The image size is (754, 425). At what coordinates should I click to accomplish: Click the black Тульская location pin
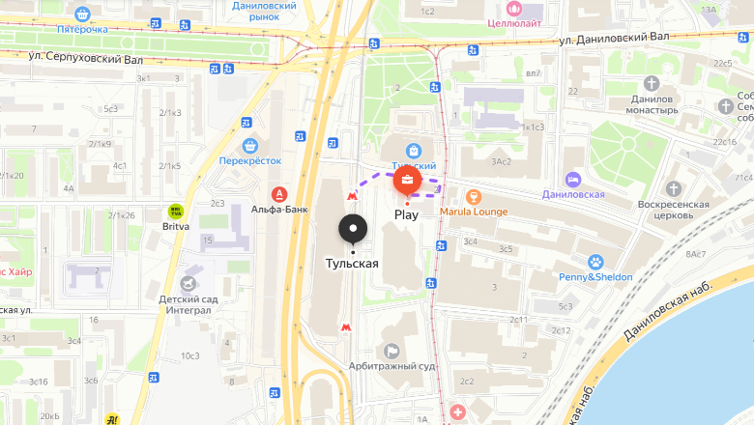pyautogui.click(x=354, y=230)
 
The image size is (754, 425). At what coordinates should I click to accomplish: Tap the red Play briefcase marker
pyautogui.click(x=407, y=181)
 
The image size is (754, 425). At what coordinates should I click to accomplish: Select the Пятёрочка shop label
pyautogui.click(x=81, y=29)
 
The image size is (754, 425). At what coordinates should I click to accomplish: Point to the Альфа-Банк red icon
pyautogui.click(x=278, y=192)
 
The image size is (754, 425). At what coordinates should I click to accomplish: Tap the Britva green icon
pyautogui.click(x=175, y=210)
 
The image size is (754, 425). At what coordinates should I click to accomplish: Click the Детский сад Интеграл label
pyautogui.click(x=185, y=304)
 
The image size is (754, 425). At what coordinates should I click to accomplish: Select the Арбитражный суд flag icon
pyautogui.click(x=391, y=351)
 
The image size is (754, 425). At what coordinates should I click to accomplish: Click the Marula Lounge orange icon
pyautogui.click(x=474, y=196)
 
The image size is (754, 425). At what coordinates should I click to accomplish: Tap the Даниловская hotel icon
pyautogui.click(x=573, y=179)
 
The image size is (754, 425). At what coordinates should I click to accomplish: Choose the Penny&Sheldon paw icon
pyautogui.click(x=596, y=262)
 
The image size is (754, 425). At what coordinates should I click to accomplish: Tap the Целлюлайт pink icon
pyautogui.click(x=513, y=10)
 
